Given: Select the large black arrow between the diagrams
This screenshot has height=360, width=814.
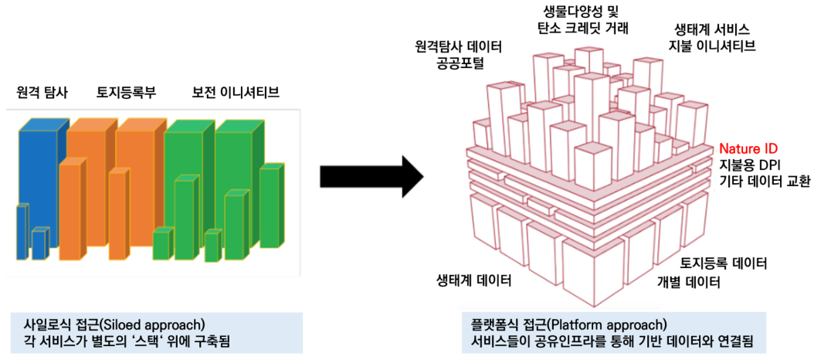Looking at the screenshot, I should (x=371, y=175).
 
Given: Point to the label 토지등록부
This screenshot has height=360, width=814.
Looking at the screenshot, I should (x=126, y=93).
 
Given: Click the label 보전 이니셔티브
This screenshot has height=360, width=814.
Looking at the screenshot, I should (x=236, y=93).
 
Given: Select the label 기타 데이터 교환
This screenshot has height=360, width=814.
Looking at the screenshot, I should (x=765, y=182).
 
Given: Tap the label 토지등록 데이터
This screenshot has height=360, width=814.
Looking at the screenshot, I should (x=724, y=263).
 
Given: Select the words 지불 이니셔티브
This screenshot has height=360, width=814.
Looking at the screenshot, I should (x=711, y=46).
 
